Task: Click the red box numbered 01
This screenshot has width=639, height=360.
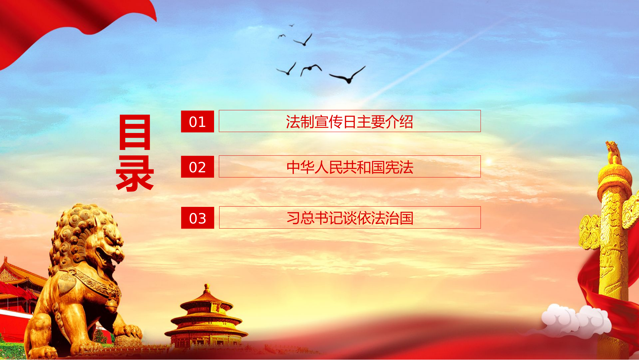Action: coord(197,121)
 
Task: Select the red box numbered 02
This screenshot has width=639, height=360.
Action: coord(197,167)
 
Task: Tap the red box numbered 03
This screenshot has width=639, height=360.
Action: coord(197,218)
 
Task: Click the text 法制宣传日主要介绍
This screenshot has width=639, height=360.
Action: coord(350,121)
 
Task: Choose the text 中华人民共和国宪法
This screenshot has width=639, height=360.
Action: coord(350,167)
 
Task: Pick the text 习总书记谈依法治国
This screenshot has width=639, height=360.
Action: coord(350,218)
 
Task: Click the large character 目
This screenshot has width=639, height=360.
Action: coord(135,132)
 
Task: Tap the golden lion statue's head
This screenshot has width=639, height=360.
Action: coord(93,237)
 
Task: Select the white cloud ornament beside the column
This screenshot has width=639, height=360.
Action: coord(575,320)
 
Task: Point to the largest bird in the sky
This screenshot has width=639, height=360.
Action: coord(348,75)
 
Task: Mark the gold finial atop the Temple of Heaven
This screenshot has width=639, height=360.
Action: coord(207,288)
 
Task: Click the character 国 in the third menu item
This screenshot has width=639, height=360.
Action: coord(406,218)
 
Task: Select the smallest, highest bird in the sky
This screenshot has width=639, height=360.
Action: coord(291,25)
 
